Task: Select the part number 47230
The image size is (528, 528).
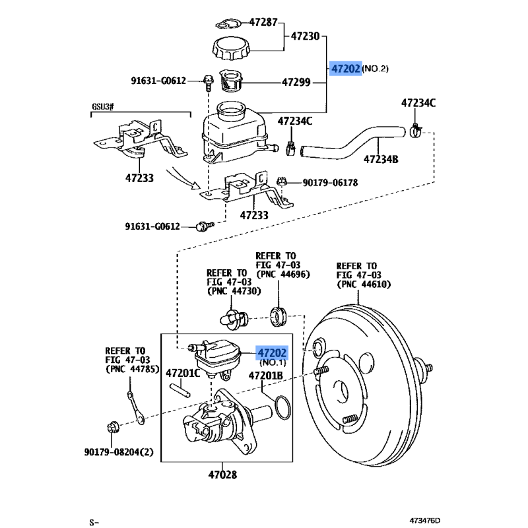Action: click(x=305, y=37)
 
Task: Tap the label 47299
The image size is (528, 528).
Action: click(x=296, y=82)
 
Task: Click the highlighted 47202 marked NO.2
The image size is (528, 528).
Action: click(x=346, y=69)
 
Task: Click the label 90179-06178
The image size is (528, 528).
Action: click(x=331, y=182)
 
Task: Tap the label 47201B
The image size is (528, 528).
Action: click(x=265, y=376)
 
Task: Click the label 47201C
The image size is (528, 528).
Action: click(x=182, y=373)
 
